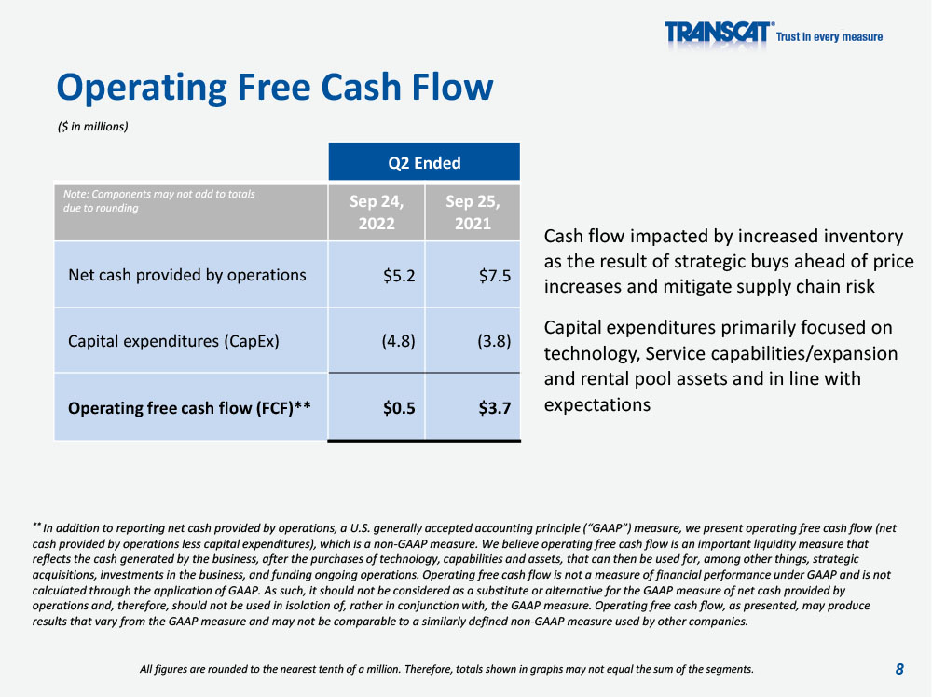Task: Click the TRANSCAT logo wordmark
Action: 719,32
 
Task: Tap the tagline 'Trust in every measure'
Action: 829,37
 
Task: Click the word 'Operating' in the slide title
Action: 142,88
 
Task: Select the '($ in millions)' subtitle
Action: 92,127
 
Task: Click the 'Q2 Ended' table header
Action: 424,163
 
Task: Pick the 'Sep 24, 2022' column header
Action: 377,212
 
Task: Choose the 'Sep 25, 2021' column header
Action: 473,212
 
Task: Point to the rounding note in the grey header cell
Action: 158,201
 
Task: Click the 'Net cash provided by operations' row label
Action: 187,275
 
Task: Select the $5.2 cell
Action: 399,276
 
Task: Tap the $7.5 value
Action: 495,276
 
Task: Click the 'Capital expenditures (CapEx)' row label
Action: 173,342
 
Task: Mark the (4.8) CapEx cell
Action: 398,341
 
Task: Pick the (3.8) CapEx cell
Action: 494,341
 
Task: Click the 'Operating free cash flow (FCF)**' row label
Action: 189,408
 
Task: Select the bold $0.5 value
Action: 399,408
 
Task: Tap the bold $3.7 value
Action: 495,408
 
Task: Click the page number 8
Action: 899,670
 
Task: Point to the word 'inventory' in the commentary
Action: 863,237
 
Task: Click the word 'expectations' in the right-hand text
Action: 597,405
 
